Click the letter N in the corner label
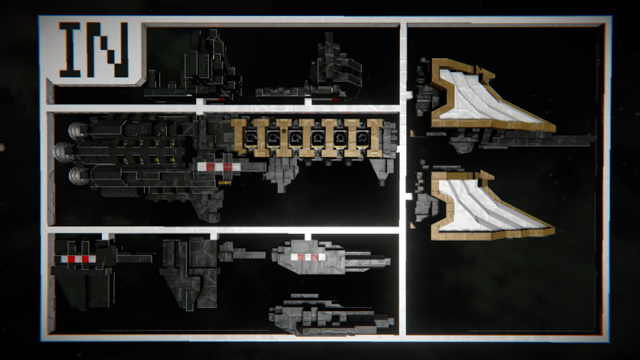pyautogui.click(x=107, y=49)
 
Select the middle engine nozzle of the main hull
pyautogui.click(x=63, y=152)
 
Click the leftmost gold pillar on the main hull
pyautogui.click(x=240, y=137)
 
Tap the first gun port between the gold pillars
pyautogui.click(x=251, y=138)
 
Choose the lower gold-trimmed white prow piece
pyautogui.click(x=488, y=204)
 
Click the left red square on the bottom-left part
pyautogui.click(x=72, y=259)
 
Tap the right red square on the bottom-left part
pyautogui.click(x=86, y=259)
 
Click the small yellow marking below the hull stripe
pyautogui.click(x=224, y=183)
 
